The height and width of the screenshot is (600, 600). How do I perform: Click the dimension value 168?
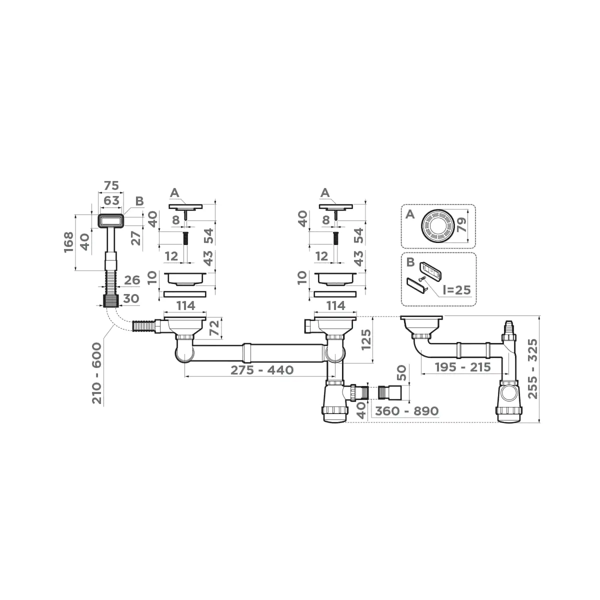[69, 242]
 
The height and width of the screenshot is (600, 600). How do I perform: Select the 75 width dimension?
[110, 185]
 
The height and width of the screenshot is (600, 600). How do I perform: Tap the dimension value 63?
[110, 201]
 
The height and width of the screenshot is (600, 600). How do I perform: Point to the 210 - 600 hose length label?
[97, 373]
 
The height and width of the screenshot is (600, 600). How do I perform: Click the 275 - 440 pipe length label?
[261, 370]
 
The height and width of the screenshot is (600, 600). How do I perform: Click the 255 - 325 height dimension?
[533, 369]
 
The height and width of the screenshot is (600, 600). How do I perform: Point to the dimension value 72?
[214, 328]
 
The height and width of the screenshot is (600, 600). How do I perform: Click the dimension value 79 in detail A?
[461, 226]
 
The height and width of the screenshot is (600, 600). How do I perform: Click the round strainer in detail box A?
[436, 226]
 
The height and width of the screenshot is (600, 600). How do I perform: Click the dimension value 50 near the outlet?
[401, 372]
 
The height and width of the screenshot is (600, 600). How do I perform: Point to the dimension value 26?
[131, 279]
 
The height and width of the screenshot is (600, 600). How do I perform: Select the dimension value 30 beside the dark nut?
[130, 298]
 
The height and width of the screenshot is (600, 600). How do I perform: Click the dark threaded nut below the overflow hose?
[110, 300]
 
